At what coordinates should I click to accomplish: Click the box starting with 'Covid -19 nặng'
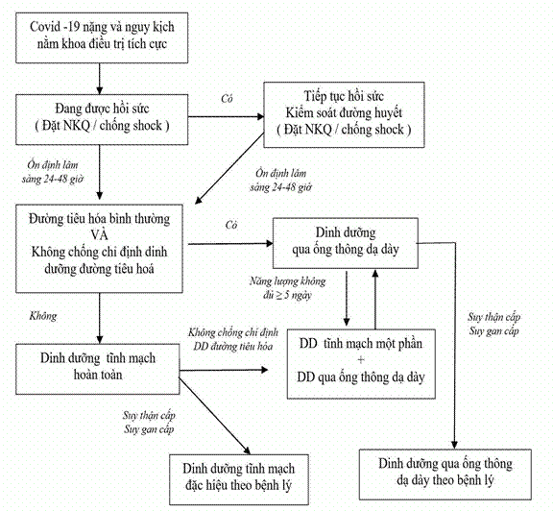(x=102, y=37)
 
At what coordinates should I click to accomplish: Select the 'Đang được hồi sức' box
(x=102, y=119)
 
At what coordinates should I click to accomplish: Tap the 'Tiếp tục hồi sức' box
(x=344, y=114)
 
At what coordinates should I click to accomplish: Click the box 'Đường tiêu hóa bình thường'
(x=99, y=249)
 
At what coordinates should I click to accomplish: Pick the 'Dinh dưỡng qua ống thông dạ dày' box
(x=346, y=243)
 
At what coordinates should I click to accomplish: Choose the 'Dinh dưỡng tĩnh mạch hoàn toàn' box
(x=97, y=369)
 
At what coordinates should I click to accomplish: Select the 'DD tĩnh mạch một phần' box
(x=361, y=364)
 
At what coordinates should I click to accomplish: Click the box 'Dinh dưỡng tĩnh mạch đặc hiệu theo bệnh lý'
(x=239, y=479)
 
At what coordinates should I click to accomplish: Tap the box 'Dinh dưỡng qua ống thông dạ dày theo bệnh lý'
(x=445, y=474)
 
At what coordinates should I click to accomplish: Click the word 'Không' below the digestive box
(x=43, y=316)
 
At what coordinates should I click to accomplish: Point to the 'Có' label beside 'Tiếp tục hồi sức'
(x=227, y=99)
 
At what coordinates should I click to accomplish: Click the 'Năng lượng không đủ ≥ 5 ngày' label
(x=287, y=288)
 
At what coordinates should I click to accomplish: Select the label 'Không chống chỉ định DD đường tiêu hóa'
(x=233, y=339)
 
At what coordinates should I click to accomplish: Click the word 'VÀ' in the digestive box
(x=99, y=235)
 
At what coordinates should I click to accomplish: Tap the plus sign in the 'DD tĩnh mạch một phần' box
(x=361, y=360)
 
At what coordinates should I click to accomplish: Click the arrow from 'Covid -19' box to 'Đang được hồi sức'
(x=100, y=79)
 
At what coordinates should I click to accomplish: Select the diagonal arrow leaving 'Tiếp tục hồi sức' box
(x=229, y=168)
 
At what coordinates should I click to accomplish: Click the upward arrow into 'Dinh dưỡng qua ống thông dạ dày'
(x=375, y=299)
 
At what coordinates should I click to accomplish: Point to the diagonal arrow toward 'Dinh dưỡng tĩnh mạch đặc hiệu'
(x=215, y=416)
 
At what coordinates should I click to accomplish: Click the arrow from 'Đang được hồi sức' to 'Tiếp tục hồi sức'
(x=226, y=116)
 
